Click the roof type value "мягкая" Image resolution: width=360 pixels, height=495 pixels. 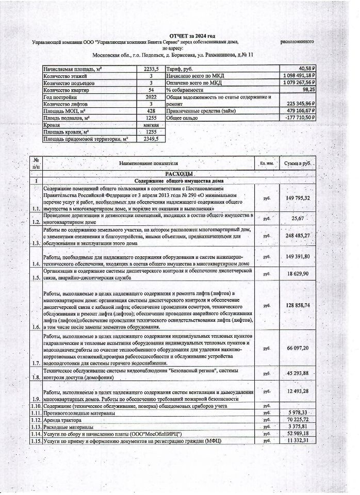point(151,125)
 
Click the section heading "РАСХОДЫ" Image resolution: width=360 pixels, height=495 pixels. point(178,174)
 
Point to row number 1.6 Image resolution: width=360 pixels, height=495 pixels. point(35,327)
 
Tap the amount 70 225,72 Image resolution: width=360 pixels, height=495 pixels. point(297,420)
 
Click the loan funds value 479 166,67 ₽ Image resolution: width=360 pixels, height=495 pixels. point(299,110)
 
